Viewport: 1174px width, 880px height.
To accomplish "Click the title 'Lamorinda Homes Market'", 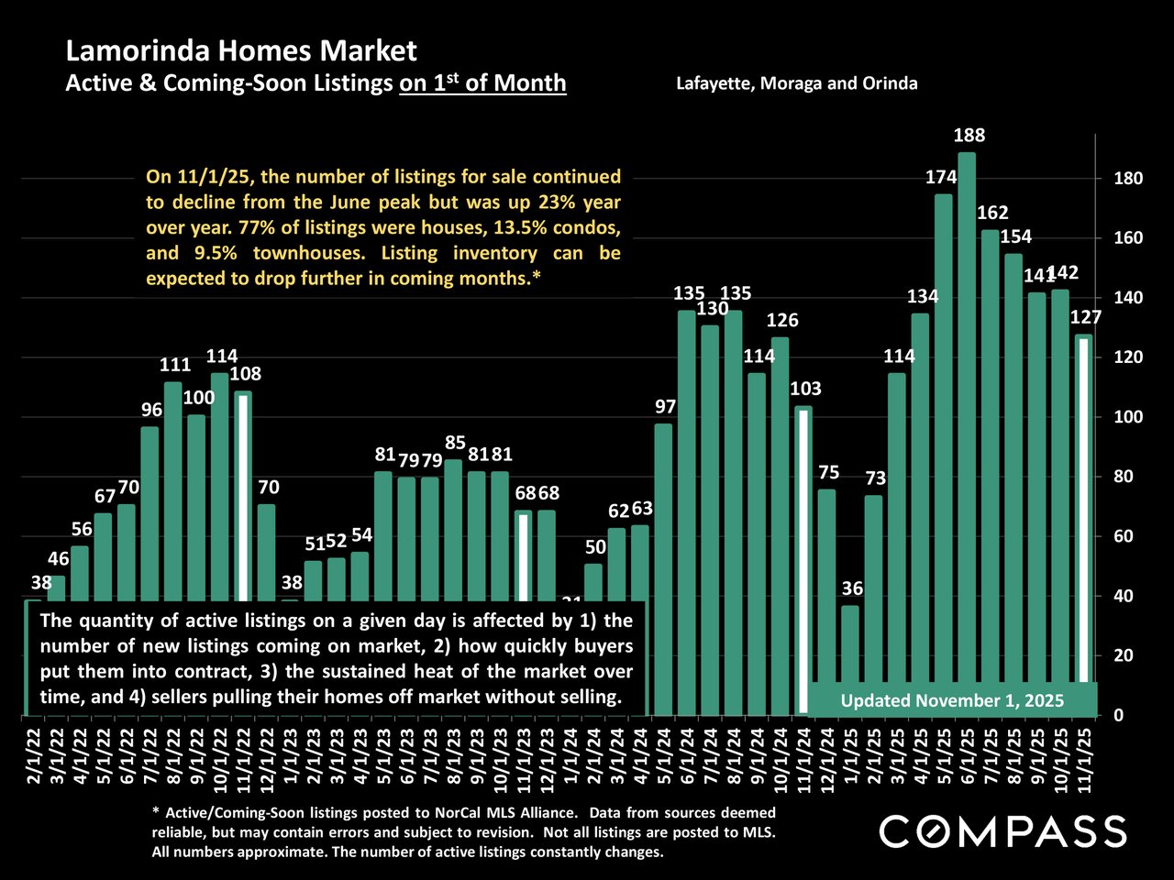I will (241, 51).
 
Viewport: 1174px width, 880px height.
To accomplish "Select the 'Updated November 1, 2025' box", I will (952, 701).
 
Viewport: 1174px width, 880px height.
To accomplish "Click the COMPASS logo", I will (1002, 831).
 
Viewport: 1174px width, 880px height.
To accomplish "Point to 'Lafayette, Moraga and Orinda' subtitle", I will (796, 83).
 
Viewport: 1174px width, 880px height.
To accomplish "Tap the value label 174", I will (941, 178).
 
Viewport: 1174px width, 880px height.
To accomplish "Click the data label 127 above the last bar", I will (1085, 318).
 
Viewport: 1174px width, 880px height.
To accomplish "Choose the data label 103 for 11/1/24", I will (805, 390).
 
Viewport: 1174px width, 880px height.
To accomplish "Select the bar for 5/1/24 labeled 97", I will (663, 568).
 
